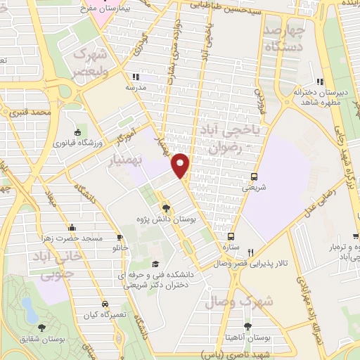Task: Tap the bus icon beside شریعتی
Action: click(x=254, y=176)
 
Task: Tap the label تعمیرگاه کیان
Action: click(x=105, y=314)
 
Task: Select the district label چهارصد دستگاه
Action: click(x=285, y=38)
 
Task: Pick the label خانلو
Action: click(x=121, y=248)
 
